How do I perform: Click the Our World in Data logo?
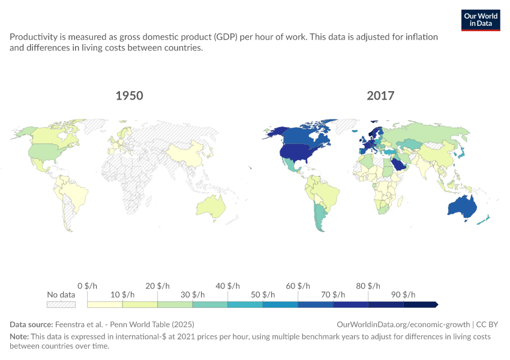(481, 20)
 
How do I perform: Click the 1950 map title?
(129, 95)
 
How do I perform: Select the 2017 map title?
(380, 95)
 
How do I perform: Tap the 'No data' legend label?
(61, 295)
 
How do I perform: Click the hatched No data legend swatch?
(61, 304)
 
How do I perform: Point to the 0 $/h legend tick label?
(87, 286)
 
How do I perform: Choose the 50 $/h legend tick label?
(263, 295)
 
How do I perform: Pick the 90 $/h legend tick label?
(403, 295)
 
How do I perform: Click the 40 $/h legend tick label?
(227, 286)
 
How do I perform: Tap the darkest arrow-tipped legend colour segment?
(421, 304)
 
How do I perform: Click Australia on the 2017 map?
(462, 207)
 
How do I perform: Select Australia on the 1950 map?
(211, 207)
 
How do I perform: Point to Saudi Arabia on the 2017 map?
(399, 164)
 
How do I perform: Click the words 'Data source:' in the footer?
(31, 324)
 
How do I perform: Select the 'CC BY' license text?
(487, 324)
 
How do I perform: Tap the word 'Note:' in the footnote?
(19, 336)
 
